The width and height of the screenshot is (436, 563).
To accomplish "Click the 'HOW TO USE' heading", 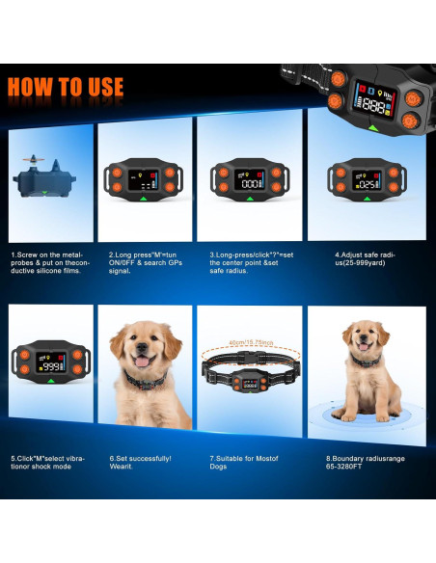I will tap(66, 87).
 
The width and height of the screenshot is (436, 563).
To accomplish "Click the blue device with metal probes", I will tap(44, 179).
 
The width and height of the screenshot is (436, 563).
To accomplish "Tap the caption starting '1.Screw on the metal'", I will tap(50, 263).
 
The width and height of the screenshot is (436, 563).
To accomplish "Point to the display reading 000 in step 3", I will tap(250, 183).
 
